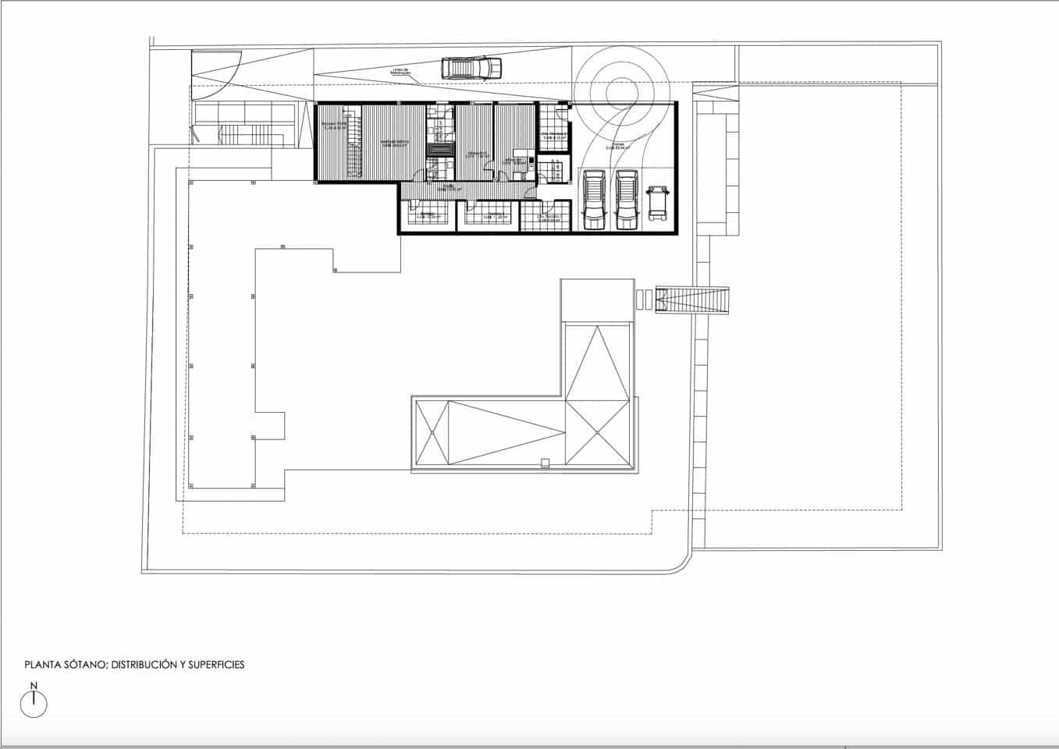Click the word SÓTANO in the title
coord(84,665)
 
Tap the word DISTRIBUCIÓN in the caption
coord(141,665)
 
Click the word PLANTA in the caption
coord(42,665)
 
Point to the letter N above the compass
coord(34,686)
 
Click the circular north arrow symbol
coord(34,705)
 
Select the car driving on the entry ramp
coord(471,69)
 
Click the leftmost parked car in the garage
coord(595,201)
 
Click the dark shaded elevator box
coord(439,149)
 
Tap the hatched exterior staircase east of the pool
coord(692,300)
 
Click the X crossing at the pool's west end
coord(432,433)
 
